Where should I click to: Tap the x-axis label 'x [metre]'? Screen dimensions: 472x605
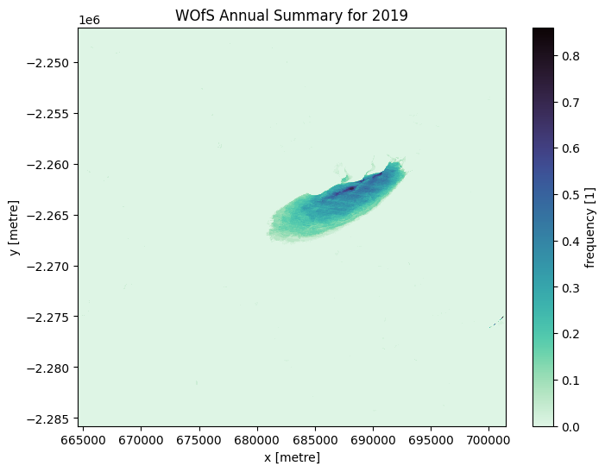coord(292,457)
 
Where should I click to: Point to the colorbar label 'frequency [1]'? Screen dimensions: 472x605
coord(590,227)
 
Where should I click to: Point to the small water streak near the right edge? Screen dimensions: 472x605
coord(497,322)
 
